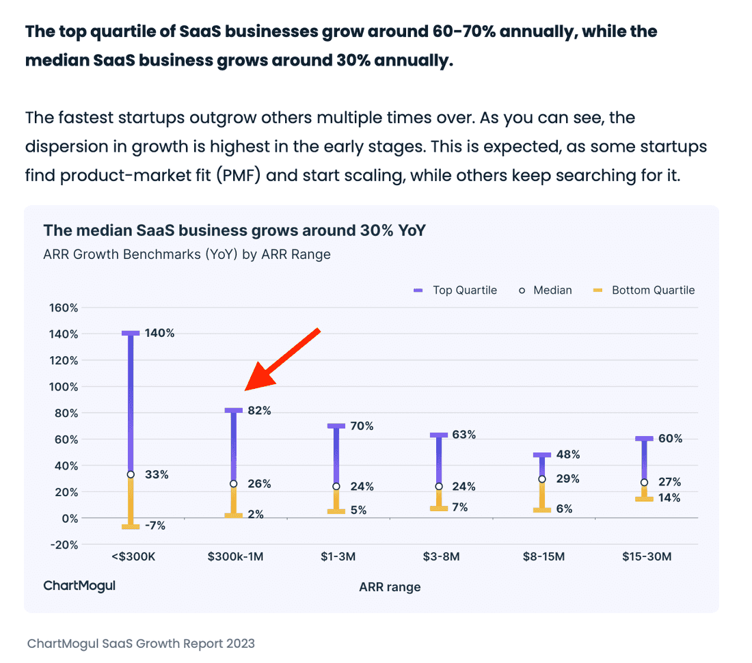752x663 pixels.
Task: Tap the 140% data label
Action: [160, 334]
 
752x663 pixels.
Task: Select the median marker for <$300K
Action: [131, 474]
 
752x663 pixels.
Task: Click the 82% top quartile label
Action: [259, 411]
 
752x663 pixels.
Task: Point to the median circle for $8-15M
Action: [541, 479]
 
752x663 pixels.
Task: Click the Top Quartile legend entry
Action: [456, 290]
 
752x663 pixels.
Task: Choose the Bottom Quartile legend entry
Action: [644, 290]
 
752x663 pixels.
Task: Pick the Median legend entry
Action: [545, 290]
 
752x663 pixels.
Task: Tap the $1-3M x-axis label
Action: [338, 556]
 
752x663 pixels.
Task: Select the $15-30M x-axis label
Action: [646, 556]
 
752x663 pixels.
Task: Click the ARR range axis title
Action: [390, 586]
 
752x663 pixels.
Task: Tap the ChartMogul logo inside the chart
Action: [79, 586]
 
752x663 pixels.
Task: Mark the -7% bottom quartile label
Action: [155, 526]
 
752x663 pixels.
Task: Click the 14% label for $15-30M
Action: [670, 498]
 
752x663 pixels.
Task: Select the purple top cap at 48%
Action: [541, 455]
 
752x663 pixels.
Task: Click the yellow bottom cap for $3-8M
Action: [439, 509]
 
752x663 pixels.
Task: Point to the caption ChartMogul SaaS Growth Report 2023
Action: [141, 643]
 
